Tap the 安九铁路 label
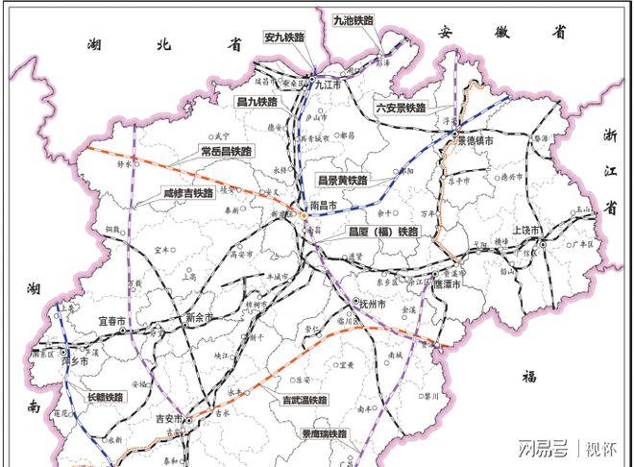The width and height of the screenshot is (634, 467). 283,37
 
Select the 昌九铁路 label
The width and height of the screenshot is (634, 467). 256,100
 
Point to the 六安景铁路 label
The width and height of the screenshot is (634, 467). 401,109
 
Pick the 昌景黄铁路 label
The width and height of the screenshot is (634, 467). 344,180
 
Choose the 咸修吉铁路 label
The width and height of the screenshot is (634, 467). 188,193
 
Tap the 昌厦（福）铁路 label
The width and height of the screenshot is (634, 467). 382,232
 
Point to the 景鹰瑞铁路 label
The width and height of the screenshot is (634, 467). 323,434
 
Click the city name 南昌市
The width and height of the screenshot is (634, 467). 323,206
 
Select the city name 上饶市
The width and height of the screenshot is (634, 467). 528,231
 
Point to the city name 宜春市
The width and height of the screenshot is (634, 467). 112,320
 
